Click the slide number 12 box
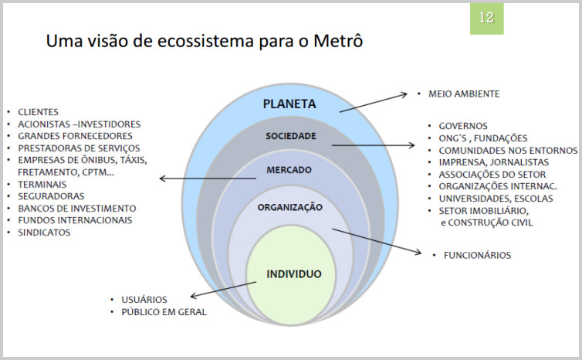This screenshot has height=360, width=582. (x=486, y=19)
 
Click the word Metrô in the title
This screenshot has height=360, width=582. (x=338, y=40)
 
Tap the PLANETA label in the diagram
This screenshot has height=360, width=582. (x=289, y=104)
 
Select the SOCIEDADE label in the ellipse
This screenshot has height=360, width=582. (x=291, y=136)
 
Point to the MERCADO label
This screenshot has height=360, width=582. (x=289, y=170)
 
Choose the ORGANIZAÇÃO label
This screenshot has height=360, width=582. (x=290, y=207)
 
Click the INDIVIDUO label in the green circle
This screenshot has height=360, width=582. (x=294, y=274)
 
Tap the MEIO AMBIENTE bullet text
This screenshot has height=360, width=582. (x=464, y=94)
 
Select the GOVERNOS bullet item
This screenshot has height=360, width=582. (x=463, y=126)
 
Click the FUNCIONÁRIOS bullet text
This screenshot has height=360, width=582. (x=477, y=255)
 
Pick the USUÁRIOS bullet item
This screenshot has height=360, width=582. (x=144, y=300)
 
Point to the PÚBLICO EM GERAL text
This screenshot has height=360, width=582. (x=164, y=312)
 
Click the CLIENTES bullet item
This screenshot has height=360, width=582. (x=39, y=112)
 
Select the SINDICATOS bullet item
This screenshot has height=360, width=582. (x=44, y=233)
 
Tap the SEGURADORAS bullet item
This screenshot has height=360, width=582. (x=51, y=196)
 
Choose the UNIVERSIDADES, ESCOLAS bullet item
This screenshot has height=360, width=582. (x=496, y=199)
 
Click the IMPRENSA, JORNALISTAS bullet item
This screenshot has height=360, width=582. (x=494, y=162)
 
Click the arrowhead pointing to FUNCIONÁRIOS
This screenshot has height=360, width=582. (x=418, y=253)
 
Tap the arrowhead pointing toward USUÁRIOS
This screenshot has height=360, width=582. (x=194, y=296)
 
